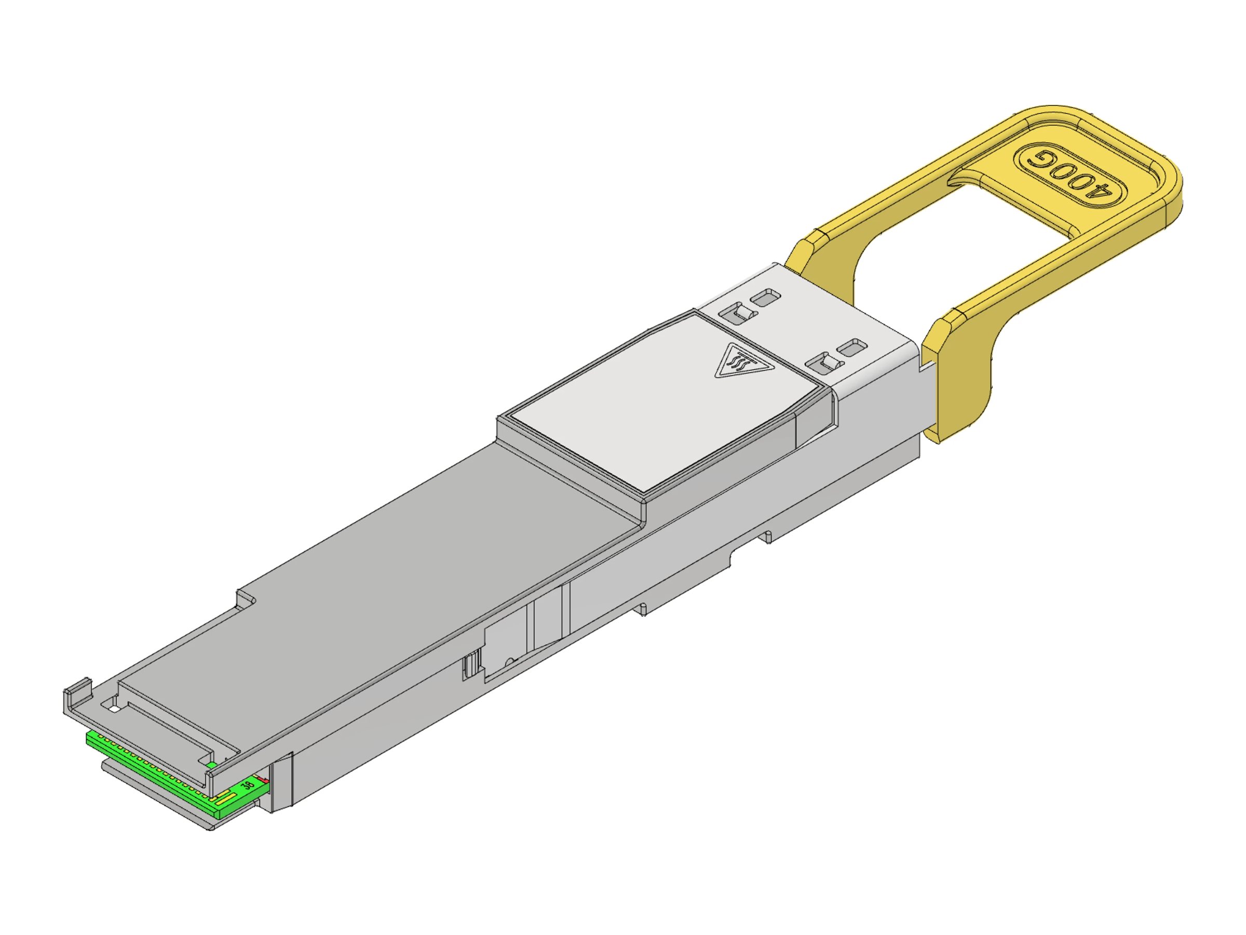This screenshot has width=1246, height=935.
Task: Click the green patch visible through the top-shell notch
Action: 212,765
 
